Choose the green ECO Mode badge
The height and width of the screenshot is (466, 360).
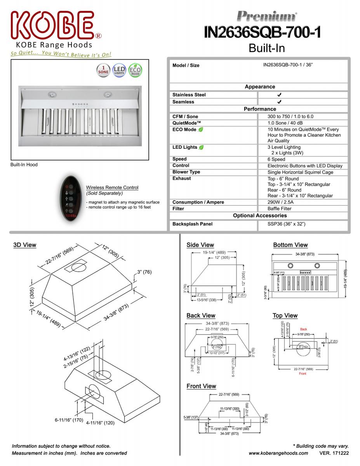135,70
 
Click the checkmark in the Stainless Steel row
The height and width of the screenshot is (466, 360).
279,95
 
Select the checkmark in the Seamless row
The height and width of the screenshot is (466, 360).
279,102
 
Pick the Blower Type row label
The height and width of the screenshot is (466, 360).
186,172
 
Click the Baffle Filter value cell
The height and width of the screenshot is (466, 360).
279,209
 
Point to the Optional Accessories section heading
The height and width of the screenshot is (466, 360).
260,216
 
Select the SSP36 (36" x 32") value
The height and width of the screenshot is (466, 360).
286,224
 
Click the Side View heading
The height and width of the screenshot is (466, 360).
200,245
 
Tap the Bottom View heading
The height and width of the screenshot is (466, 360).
290,245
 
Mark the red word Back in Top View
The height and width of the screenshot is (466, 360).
303,329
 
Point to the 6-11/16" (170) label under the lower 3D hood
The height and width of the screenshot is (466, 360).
69,420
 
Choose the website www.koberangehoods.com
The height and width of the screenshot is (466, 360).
278,453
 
